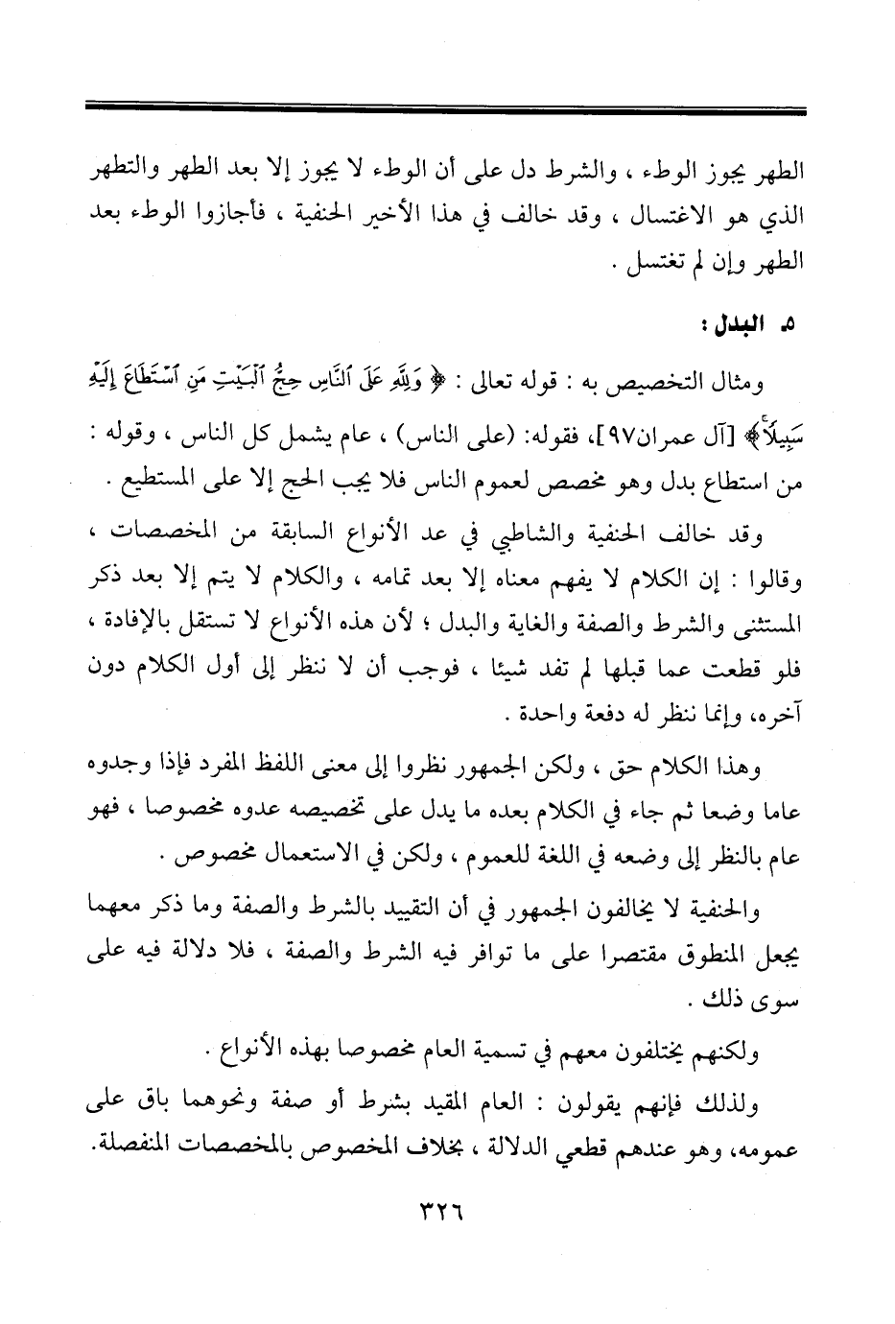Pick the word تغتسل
point(653,261)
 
